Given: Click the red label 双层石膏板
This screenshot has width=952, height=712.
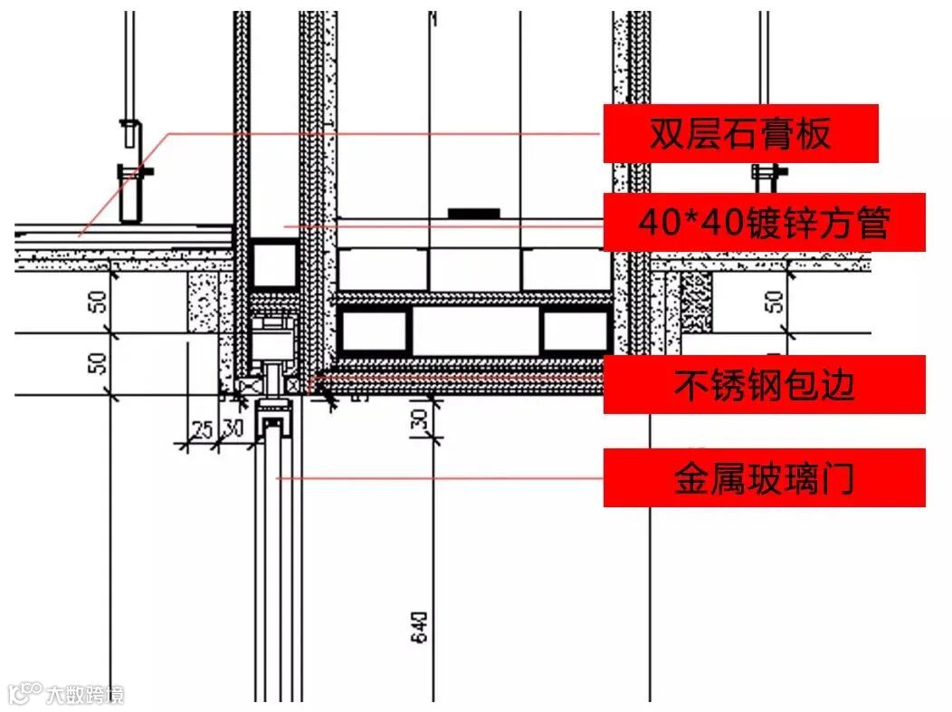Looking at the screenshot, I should tap(740, 134).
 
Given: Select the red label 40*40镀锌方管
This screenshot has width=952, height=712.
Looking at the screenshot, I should tap(764, 222).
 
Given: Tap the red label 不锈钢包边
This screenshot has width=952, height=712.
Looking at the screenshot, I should tap(764, 385).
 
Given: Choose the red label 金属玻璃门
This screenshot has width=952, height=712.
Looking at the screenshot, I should tap(764, 478).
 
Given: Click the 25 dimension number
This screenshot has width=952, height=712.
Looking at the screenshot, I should tap(203, 429).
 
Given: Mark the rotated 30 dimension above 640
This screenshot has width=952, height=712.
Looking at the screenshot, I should tap(419, 419).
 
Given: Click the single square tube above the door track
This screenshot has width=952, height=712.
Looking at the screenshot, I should tap(274, 265).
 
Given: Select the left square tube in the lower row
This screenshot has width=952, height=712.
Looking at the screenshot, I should tap(371, 330).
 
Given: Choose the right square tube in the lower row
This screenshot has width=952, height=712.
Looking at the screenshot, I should tap(574, 330).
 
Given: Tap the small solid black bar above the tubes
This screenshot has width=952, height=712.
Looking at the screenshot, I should tap(474, 214).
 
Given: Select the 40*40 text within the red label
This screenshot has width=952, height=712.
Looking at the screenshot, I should tap(678, 222).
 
